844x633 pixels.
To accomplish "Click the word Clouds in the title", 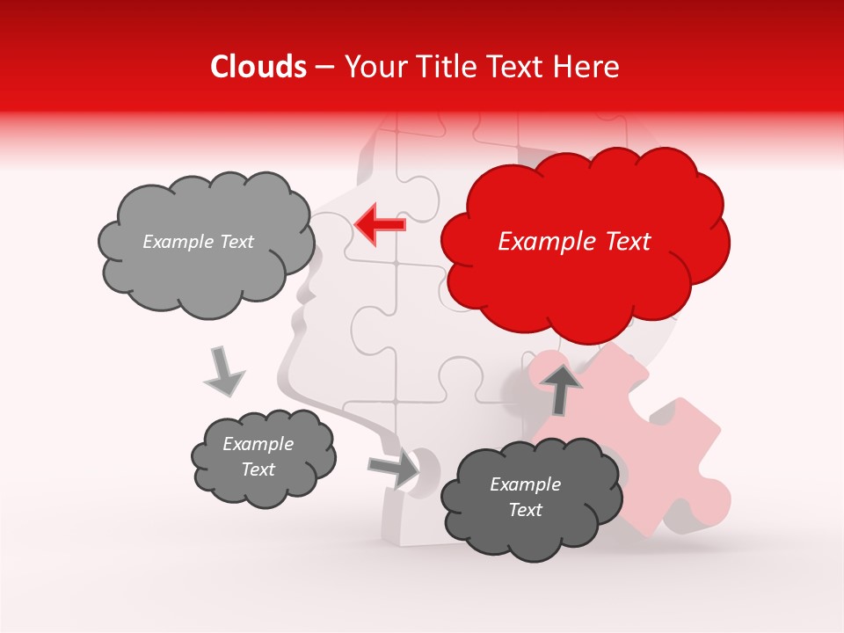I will point(258,67).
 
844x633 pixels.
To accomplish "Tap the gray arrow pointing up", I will point(562,388).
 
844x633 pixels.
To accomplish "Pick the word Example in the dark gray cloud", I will point(525,484).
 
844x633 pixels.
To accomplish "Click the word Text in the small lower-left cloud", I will point(258,469).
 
